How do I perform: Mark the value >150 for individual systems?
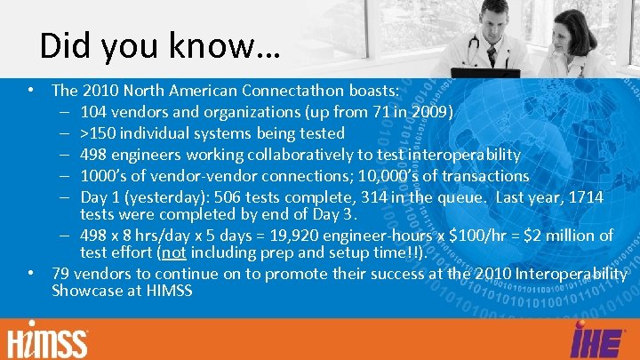[99, 133]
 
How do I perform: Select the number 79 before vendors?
[61, 273]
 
